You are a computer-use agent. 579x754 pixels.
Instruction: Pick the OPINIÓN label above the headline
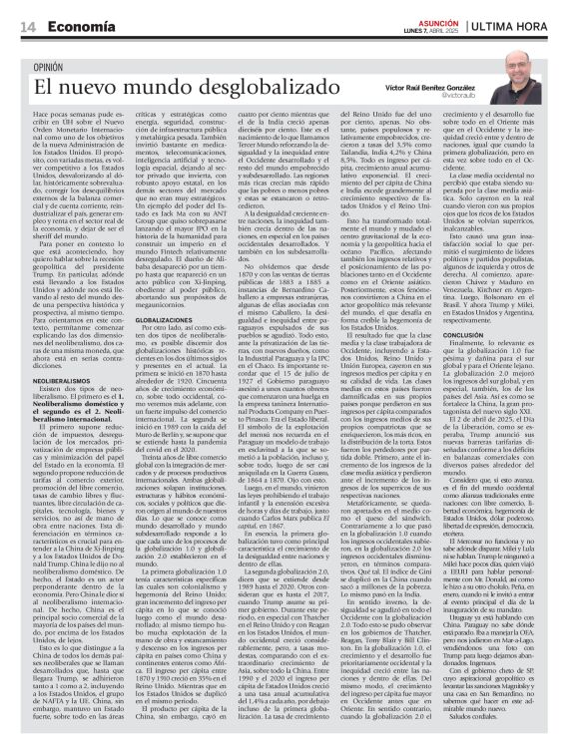click(x=55, y=67)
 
